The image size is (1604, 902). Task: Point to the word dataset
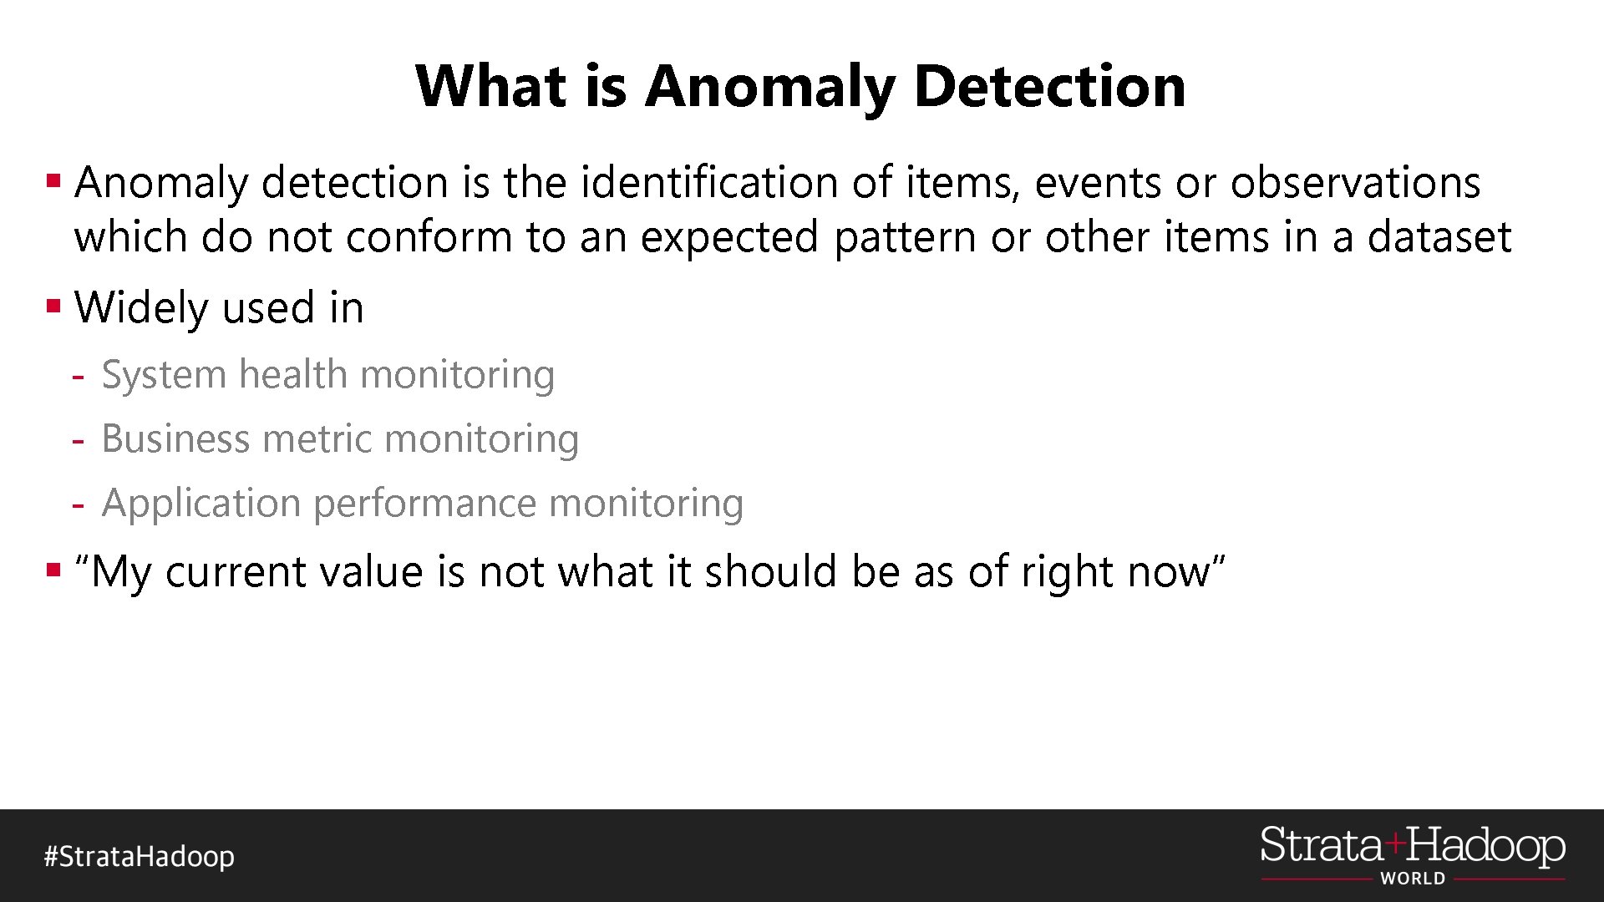pos(1439,237)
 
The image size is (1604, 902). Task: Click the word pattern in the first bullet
pos(905,237)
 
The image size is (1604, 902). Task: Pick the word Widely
pos(141,307)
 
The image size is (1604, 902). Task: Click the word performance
pos(424,504)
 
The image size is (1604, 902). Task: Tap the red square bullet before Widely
pos(54,306)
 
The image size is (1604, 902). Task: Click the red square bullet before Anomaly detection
pos(54,180)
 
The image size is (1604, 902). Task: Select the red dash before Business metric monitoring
pos(78,440)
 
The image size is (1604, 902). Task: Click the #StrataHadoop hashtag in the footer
pos(140,856)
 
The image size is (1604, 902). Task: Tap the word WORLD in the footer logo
pos(1413,879)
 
